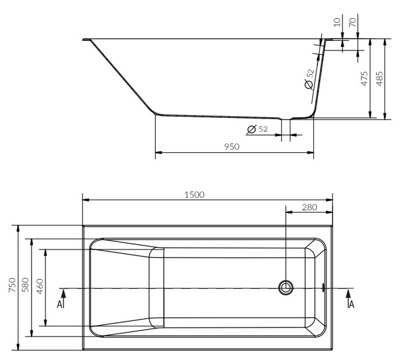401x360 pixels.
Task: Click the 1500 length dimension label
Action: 194,195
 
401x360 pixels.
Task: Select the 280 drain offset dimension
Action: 309,207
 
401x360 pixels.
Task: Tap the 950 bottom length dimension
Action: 231,147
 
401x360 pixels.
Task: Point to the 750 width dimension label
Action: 12,285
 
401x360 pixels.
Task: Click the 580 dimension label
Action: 26,285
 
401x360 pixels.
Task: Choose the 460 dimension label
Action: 40,286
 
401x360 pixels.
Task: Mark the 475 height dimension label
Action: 364,78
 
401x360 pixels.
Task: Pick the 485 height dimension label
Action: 380,78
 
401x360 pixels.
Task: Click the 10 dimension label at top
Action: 337,22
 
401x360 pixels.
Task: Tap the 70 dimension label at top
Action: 352,22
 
